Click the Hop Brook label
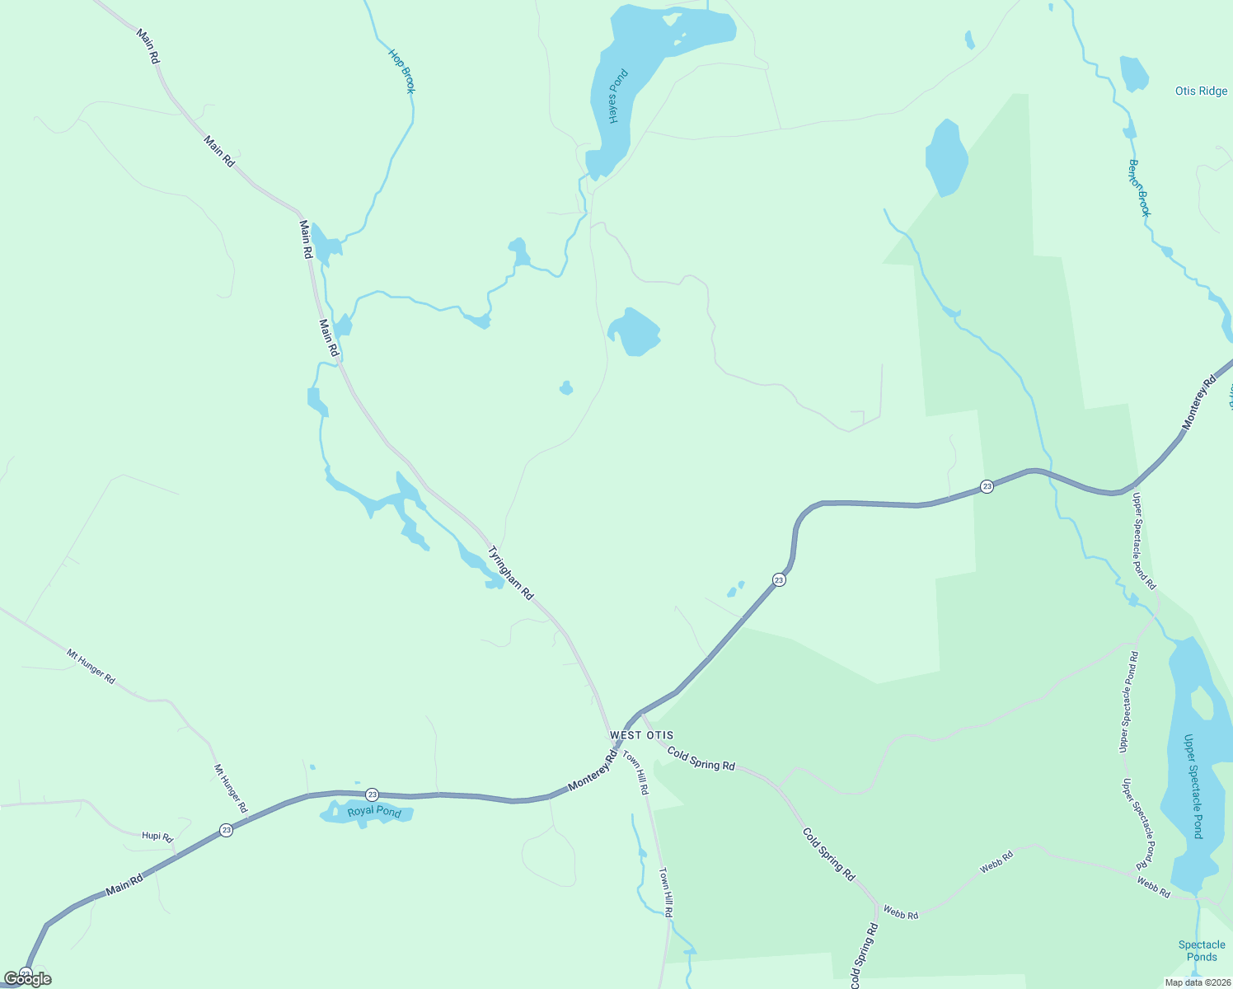402,72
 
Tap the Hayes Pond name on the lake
618,97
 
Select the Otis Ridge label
1201,91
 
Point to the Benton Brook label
1139,188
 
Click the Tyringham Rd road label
511,573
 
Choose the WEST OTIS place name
641,735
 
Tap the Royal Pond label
374,812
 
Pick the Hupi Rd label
157,837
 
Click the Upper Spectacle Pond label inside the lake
1193,786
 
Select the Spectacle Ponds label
1202,951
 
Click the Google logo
28,979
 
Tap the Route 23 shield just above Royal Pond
373,794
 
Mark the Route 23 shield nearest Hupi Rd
227,830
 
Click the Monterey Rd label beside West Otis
593,773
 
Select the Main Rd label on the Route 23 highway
124,886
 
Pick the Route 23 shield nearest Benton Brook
987,486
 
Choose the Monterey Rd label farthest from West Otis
1199,402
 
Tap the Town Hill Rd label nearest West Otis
635,773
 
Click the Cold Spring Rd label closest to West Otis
701,759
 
